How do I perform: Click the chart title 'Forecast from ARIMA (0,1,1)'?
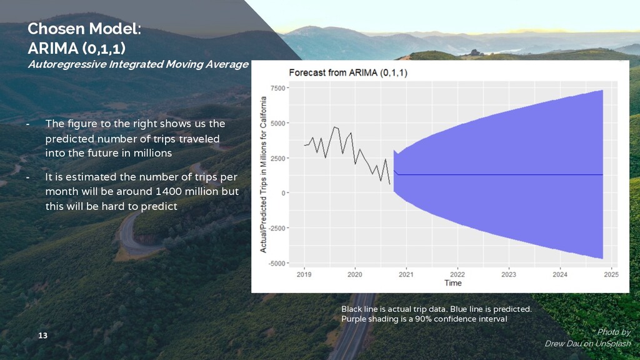347,72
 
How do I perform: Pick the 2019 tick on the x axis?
304,274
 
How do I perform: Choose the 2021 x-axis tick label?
406,274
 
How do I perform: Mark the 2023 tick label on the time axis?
508,274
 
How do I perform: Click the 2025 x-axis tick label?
611,274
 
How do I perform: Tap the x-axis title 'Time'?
453,283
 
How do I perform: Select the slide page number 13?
42,337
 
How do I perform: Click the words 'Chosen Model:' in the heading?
84,29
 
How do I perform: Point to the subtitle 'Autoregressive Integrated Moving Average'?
137,64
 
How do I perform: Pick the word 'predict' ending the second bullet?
161,206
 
